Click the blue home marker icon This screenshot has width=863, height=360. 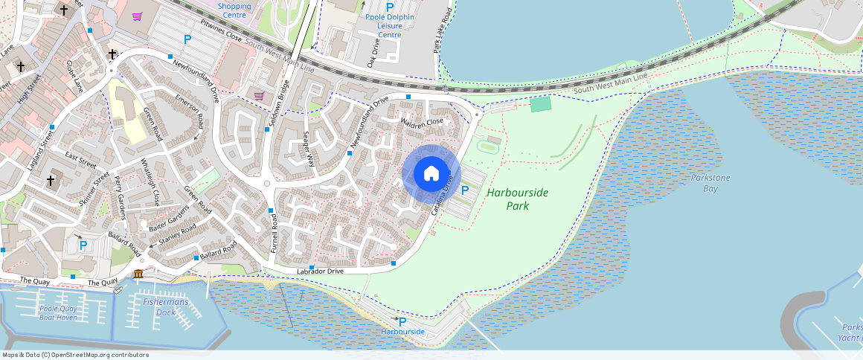(431, 174)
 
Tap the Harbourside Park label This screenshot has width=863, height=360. (517, 199)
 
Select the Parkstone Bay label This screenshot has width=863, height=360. (710, 183)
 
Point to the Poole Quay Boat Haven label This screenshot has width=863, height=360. (59, 313)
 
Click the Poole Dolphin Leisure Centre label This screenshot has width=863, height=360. (390, 25)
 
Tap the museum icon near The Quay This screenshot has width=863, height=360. (138, 276)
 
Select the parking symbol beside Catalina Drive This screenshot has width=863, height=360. (466, 190)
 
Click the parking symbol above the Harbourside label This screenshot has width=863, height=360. (402, 321)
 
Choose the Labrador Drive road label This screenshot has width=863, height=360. (320, 271)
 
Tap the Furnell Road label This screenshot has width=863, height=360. (274, 233)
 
